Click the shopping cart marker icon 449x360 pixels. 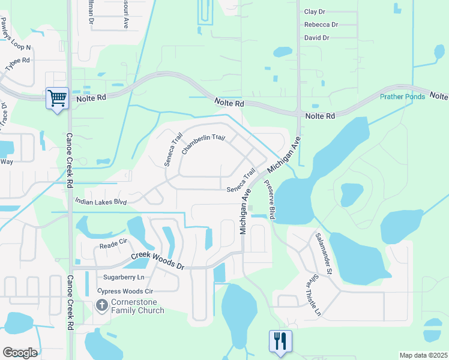tap(57, 98)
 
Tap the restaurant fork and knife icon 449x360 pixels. tap(280, 341)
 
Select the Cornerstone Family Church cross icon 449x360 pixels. tap(102, 306)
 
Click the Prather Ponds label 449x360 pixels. tap(402, 97)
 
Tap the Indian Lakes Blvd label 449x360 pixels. tap(101, 203)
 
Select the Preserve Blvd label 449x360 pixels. tap(268, 202)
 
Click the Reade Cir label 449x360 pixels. tap(113, 244)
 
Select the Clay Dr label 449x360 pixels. tap(315, 11)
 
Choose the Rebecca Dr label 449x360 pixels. tap(321, 25)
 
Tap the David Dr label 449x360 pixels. tap(316, 38)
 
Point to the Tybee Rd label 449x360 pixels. tap(18, 64)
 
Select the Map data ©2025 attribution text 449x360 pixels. tap(423, 355)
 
